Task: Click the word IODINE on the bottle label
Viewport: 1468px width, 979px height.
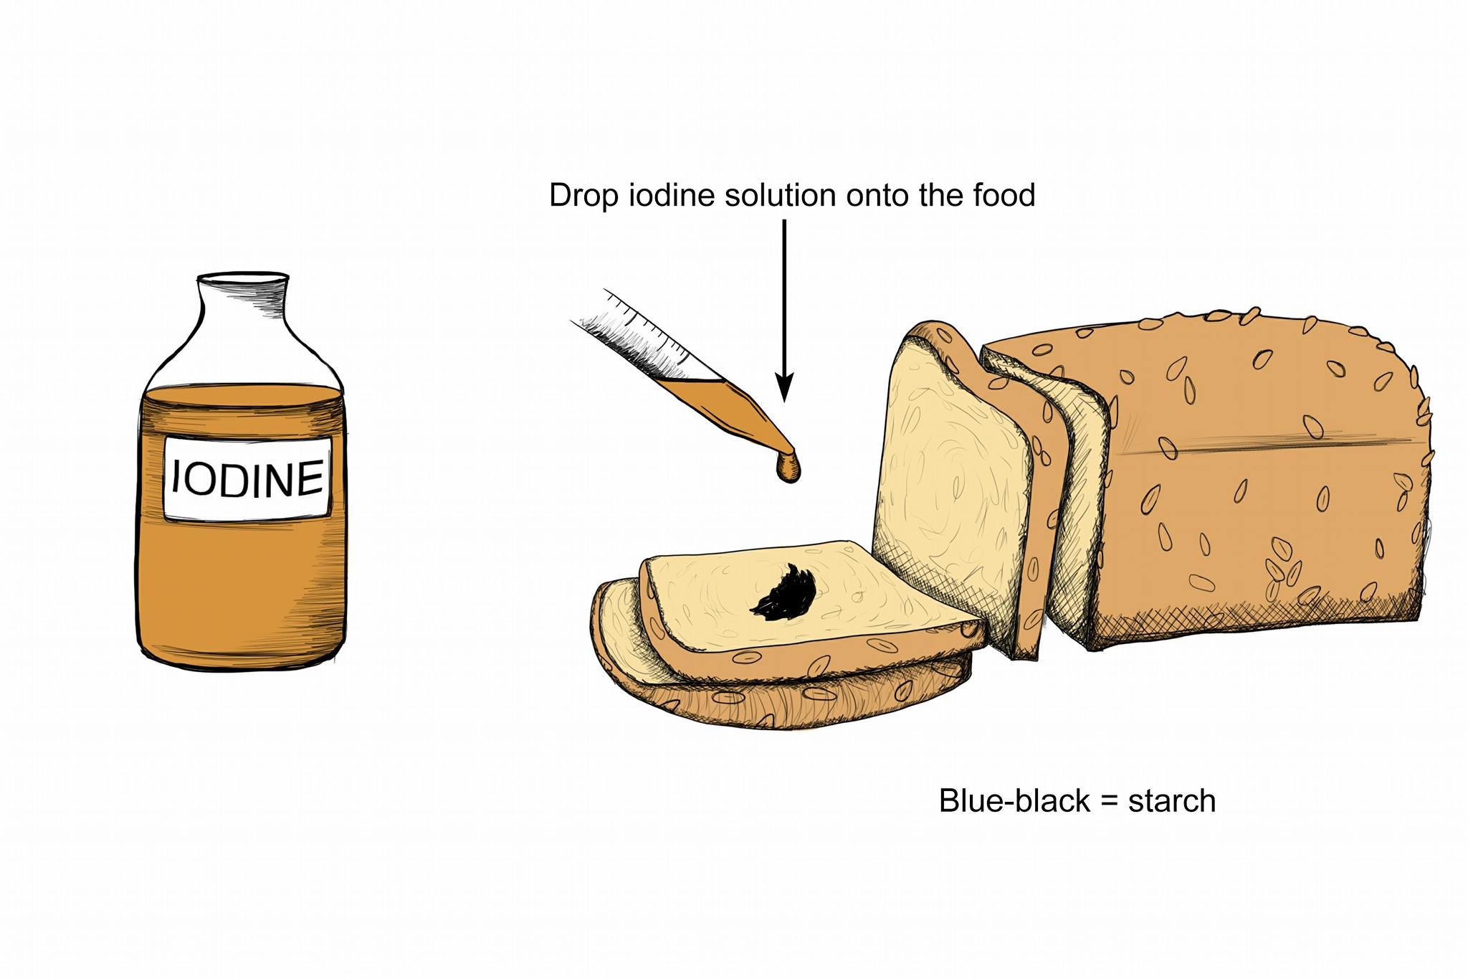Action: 248,478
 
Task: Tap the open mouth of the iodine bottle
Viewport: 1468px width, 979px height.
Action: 243,277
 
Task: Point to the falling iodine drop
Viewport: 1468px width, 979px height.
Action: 788,467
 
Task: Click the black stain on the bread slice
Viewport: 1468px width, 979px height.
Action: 783,594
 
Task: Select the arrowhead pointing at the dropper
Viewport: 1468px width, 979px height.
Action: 785,388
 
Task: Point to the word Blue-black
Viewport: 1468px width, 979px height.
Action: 1014,801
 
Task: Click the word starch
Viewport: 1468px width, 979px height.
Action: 1172,802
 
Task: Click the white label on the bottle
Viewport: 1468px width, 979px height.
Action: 248,478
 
